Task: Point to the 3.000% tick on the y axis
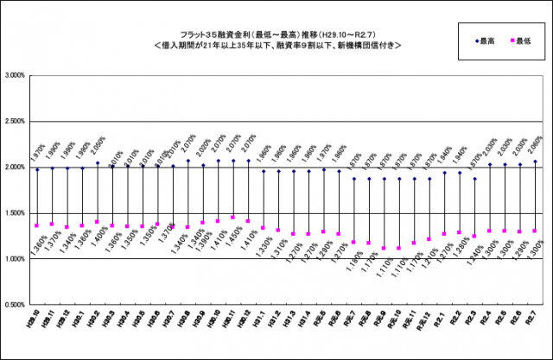pos(15,76)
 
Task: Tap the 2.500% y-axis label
pos(15,122)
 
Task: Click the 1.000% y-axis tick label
pos(15,259)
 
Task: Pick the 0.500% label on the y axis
pos(15,305)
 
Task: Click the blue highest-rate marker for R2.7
pos(536,161)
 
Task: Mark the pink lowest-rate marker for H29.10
pos(36,225)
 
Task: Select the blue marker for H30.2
pos(97,163)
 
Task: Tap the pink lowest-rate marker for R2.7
pos(536,231)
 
